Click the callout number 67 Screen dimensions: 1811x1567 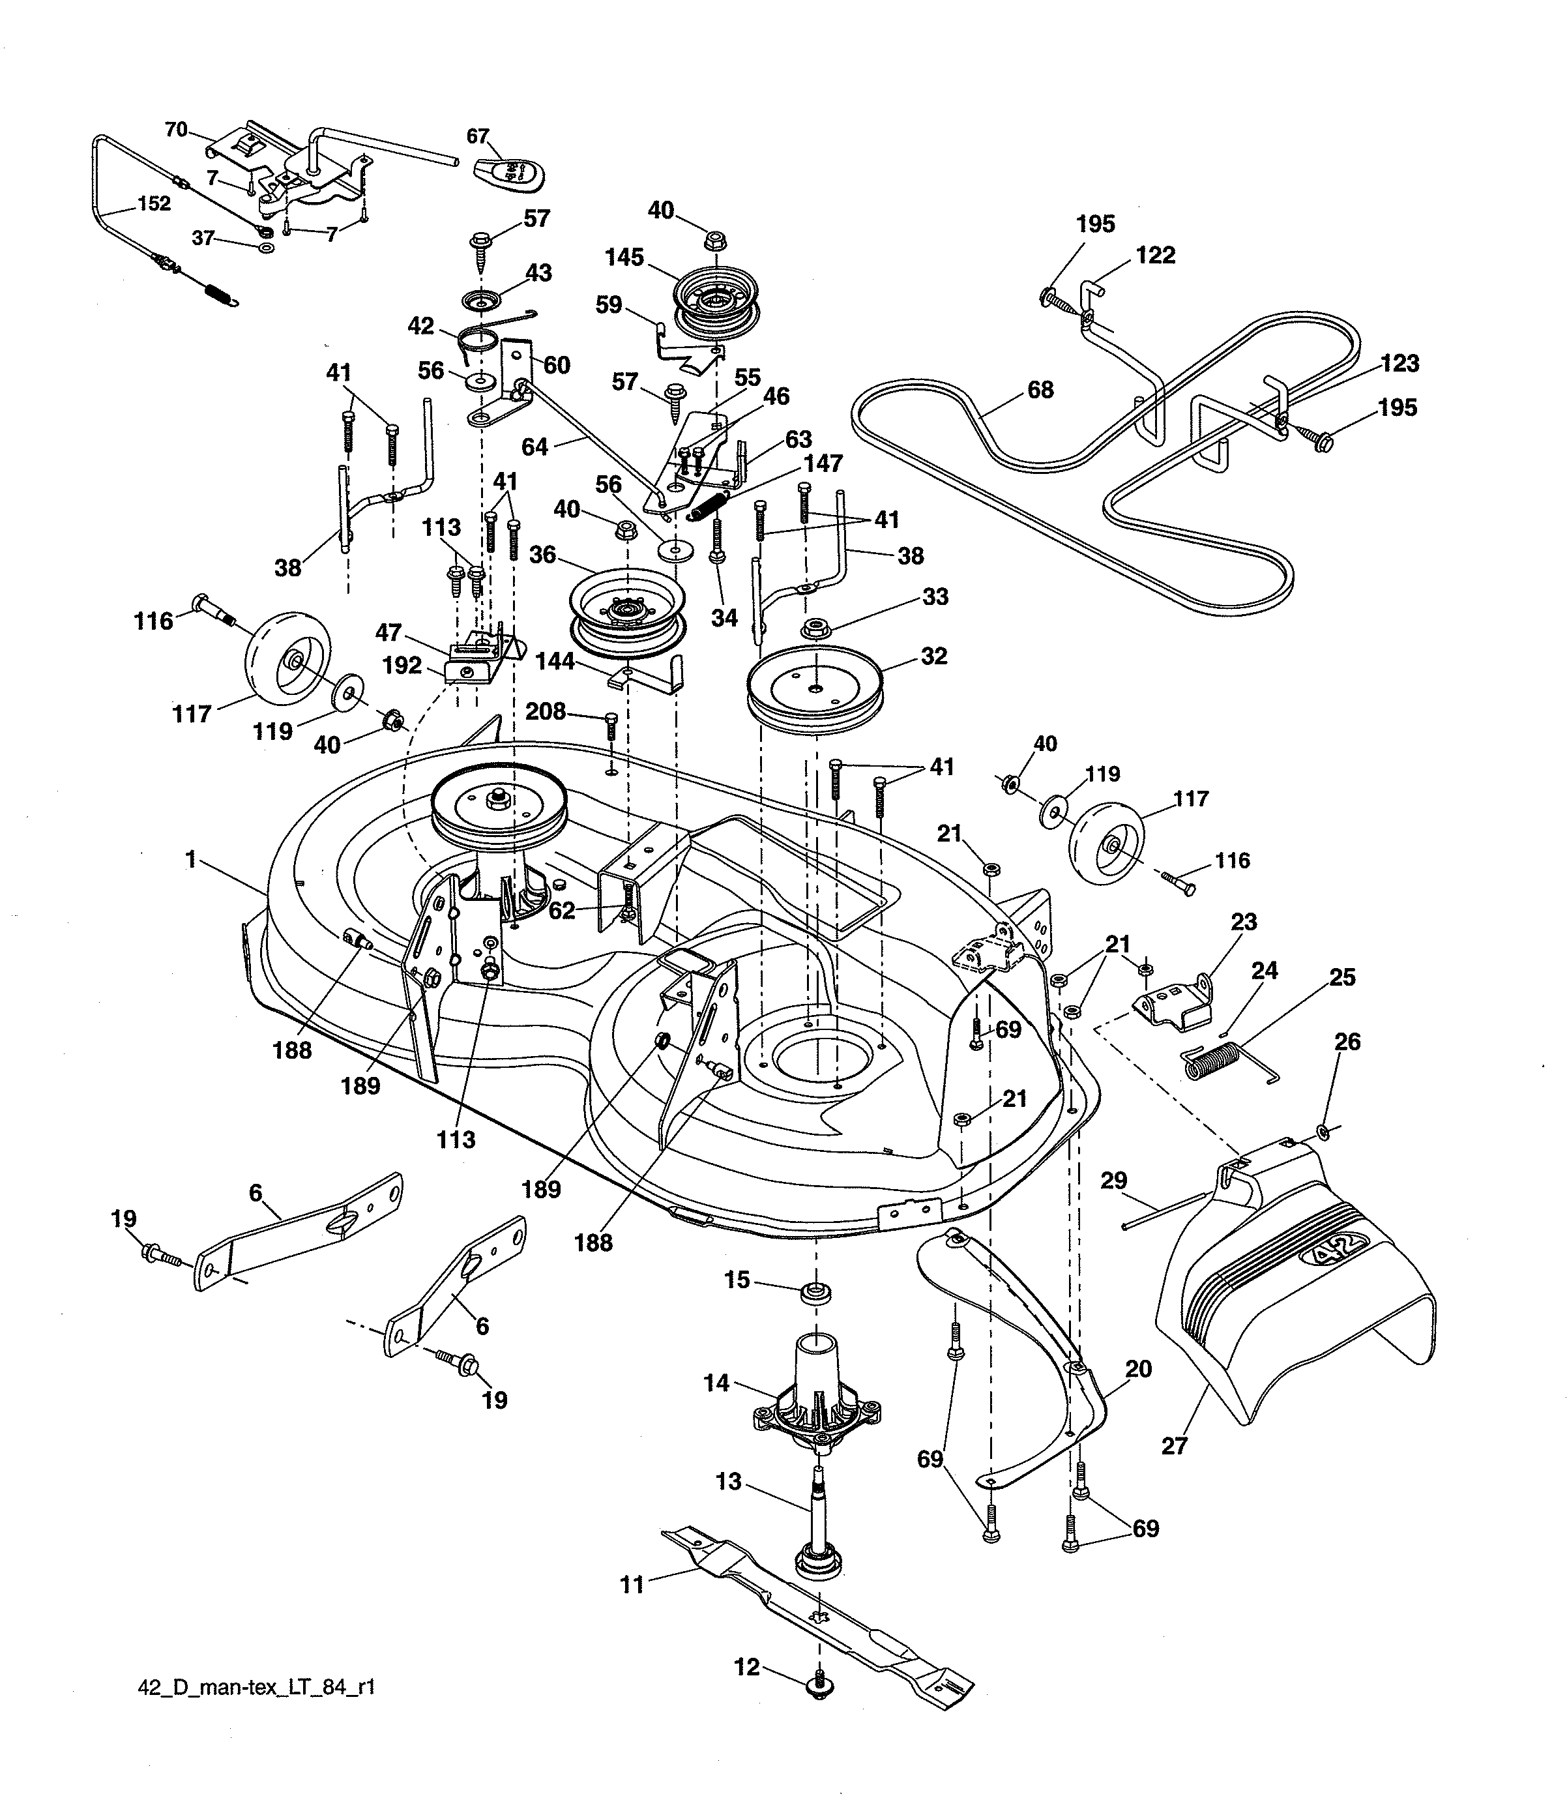point(477,136)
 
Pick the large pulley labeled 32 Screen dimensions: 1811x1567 point(815,685)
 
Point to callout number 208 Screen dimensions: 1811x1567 point(546,711)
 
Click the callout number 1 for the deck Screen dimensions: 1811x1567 point(190,860)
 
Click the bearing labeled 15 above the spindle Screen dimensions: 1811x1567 point(815,1293)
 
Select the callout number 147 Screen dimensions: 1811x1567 point(823,464)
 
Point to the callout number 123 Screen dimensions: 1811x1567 point(1399,363)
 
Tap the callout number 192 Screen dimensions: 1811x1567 point(402,666)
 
